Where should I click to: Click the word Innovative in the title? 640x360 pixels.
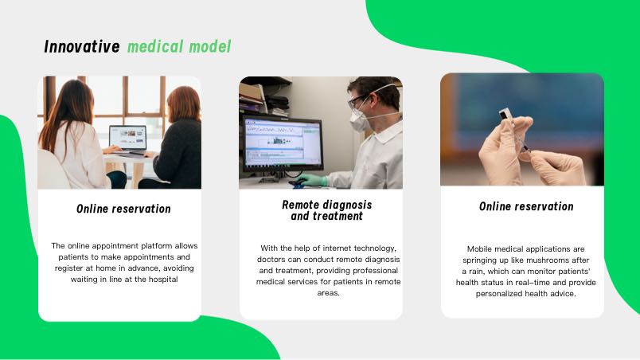pyautogui.click(x=82, y=46)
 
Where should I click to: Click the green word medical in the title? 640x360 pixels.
pyautogui.click(x=155, y=46)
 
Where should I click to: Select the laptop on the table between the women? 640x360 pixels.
pyautogui.click(x=127, y=139)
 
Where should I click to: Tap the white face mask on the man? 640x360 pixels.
pyautogui.click(x=361, y=117)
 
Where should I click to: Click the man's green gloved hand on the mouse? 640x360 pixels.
pyautogui.click(x=313, y=180)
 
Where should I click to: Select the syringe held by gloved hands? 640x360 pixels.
pyautogui.click(x=515, y=131)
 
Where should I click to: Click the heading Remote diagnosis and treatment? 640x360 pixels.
pyautogui.click(x=327, y=210)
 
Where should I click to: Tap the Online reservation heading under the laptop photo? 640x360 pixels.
pyautogui.click(x=123, y=209)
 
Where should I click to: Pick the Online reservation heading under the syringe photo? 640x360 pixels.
pyautogui.click(x=526, y=206)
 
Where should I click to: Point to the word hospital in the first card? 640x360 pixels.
pyautogui.click(x=163, y=280)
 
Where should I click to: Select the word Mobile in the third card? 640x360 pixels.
pyautogui.click(x=479, y=249)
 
